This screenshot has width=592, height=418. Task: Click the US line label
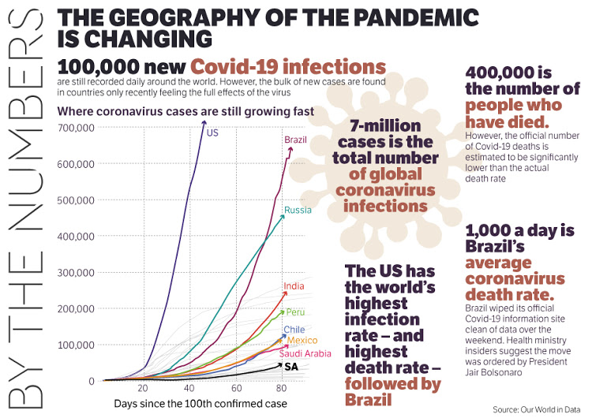pyautogui.click(x=212, y=132)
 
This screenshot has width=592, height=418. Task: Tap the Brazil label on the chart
pyautogui.click(x=295, y=140)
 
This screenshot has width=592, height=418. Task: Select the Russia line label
pyautogui.click(x=298, y=210)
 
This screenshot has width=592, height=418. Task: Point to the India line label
pyautogui.click(x=293, y=286)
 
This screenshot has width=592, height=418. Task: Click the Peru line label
pyautogui.click(x=295, y=312)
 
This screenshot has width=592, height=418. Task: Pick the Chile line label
pyautogui.click(x=294, y=330)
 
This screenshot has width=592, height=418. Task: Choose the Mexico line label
pyautogui.click(x=302, y=340)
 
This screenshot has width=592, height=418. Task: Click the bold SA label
pyautogui.click(x=290, y=367)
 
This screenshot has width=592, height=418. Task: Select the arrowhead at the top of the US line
pyautogui.click(x=204, y=122)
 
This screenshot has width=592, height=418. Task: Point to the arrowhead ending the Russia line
pyautogui.click(x=283, y=215)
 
